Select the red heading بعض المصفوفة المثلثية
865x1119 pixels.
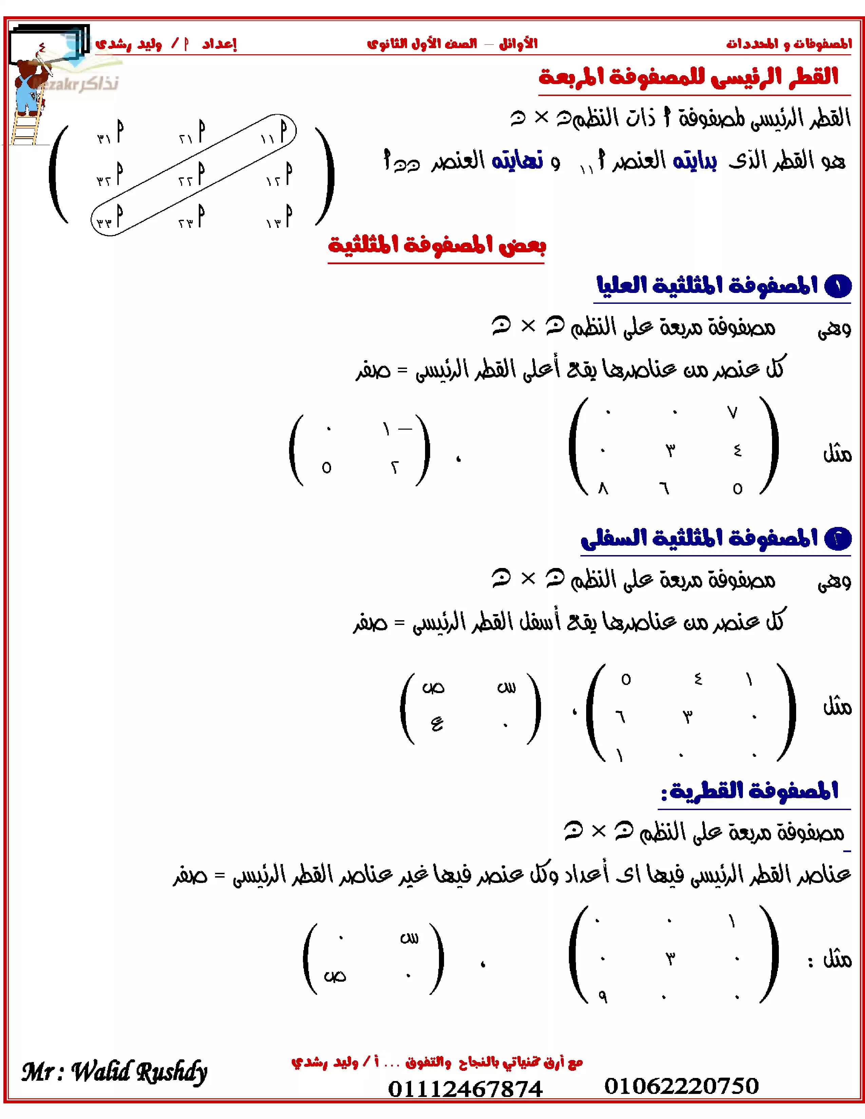(437, 245)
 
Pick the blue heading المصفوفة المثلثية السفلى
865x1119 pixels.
(699, 538)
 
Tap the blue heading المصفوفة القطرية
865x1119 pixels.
(749, 790)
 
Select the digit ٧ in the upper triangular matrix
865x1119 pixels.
(733, 412)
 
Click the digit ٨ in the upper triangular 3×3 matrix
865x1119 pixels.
(603, 489)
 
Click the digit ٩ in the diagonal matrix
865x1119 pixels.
(603, 997)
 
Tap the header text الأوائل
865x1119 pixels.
(518, 43)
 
